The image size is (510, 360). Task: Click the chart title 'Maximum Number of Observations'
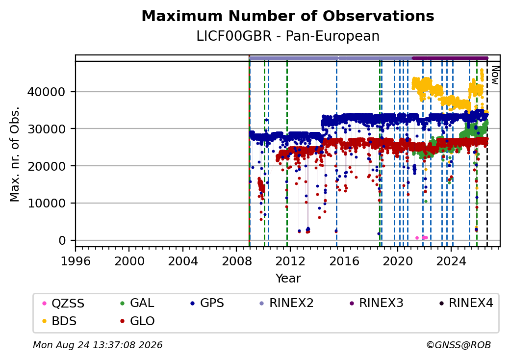(x=288, y=16)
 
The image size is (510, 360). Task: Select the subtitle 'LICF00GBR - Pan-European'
(x=288, y=36)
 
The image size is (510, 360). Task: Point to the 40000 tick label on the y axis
(x=47, y=92)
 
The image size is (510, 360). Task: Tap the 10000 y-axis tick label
(x=47, y=203)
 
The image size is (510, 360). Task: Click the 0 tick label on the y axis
(x=62, y=241)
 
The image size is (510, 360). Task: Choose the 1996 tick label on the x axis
(x=76, y=261)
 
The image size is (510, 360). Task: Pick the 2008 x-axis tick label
(x=236, y=261)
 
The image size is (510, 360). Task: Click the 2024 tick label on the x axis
(x=451, y=261)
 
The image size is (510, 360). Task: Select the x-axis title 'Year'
(x=288, y=279)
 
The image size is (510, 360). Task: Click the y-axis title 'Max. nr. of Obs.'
(x=15, y=154)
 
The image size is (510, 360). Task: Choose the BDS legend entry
(x=59, y=321)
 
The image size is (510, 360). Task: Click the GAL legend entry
(x=137, y=303)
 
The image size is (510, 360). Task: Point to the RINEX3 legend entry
(x=376, y=303)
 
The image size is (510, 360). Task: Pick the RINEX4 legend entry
(x=466, y=303)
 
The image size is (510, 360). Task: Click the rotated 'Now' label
(x=495, y=75)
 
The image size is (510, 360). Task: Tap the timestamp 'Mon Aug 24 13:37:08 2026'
(x=98, y=345)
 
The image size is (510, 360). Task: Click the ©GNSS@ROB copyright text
(x=459, y=345)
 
